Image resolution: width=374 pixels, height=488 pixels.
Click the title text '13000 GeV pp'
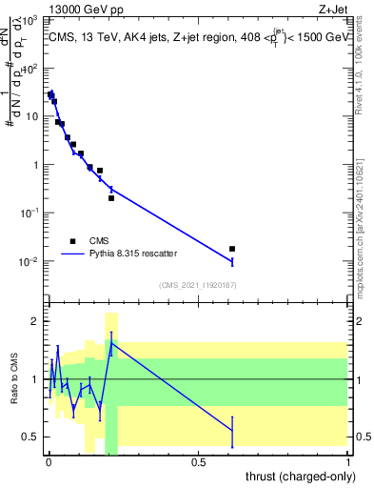point(78,9)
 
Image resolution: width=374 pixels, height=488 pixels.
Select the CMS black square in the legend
point(72,241)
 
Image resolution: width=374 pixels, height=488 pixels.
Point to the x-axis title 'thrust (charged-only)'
point(294,476)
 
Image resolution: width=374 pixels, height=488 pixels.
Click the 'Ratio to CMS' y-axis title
point(13,379)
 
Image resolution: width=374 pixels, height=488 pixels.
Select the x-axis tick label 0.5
point(198,462)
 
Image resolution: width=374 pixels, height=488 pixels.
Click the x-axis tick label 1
point(348,462)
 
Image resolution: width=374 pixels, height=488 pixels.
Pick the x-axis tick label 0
point(49,462)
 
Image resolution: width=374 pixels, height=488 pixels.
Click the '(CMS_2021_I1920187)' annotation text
point(197,284)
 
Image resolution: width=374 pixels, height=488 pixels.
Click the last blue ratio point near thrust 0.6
point(232,431)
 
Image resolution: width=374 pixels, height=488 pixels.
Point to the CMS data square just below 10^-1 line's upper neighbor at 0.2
point(111,198)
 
